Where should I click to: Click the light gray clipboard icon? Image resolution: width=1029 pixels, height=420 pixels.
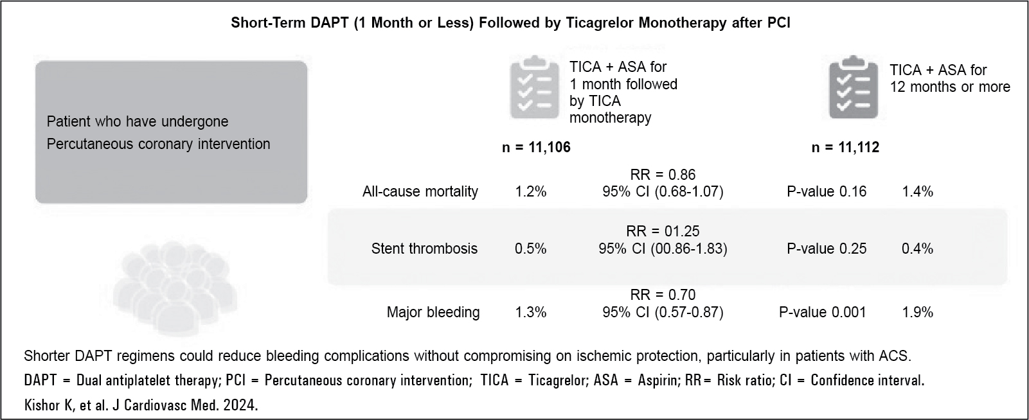pyautogui.click(x=534, y=89)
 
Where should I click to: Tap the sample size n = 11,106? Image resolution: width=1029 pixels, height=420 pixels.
pyautogui.click(x=536, y=148)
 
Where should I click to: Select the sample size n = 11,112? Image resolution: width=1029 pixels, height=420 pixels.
pyautogui.click(x=845, y=148)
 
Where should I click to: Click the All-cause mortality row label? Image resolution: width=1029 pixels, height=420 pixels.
pyautogui.click(x=420, y=191)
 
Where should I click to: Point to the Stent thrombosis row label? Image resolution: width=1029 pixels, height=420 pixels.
pyautogui.click(x=424, y=249)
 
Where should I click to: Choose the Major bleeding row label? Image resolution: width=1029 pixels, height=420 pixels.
pyautogui.click(x=433, y=312)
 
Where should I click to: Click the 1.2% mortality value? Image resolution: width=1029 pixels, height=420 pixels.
pyautogui.click(x=531, y=191)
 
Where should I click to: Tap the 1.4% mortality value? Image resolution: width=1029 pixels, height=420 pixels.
pyautogui.click(x=917, y=191)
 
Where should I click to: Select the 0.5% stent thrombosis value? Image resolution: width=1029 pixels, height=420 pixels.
pyautogui.click(x=531, y=249)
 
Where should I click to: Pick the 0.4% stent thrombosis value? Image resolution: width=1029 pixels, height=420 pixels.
pyautogui.click(x=917, y=249)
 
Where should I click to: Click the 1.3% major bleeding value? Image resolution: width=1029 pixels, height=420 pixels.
pyautogui.click(x=531, y=312)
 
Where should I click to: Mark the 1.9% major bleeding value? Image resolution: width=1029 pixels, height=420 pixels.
pyautogui.click(x=917, y=312)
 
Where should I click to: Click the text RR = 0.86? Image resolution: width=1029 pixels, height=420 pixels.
pyautogui.click(x=663, y=175)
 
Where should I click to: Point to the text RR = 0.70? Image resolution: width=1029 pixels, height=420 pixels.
pyautogui.click(x=663, y=295)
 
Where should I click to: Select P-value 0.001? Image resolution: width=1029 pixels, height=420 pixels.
pyautogui.click(x=823, y=312)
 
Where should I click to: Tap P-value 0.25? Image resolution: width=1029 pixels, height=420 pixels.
pyautogui.click(x=827, y=249)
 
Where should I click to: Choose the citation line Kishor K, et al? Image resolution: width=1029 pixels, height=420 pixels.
pyautogui.click(x=140, y=406)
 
